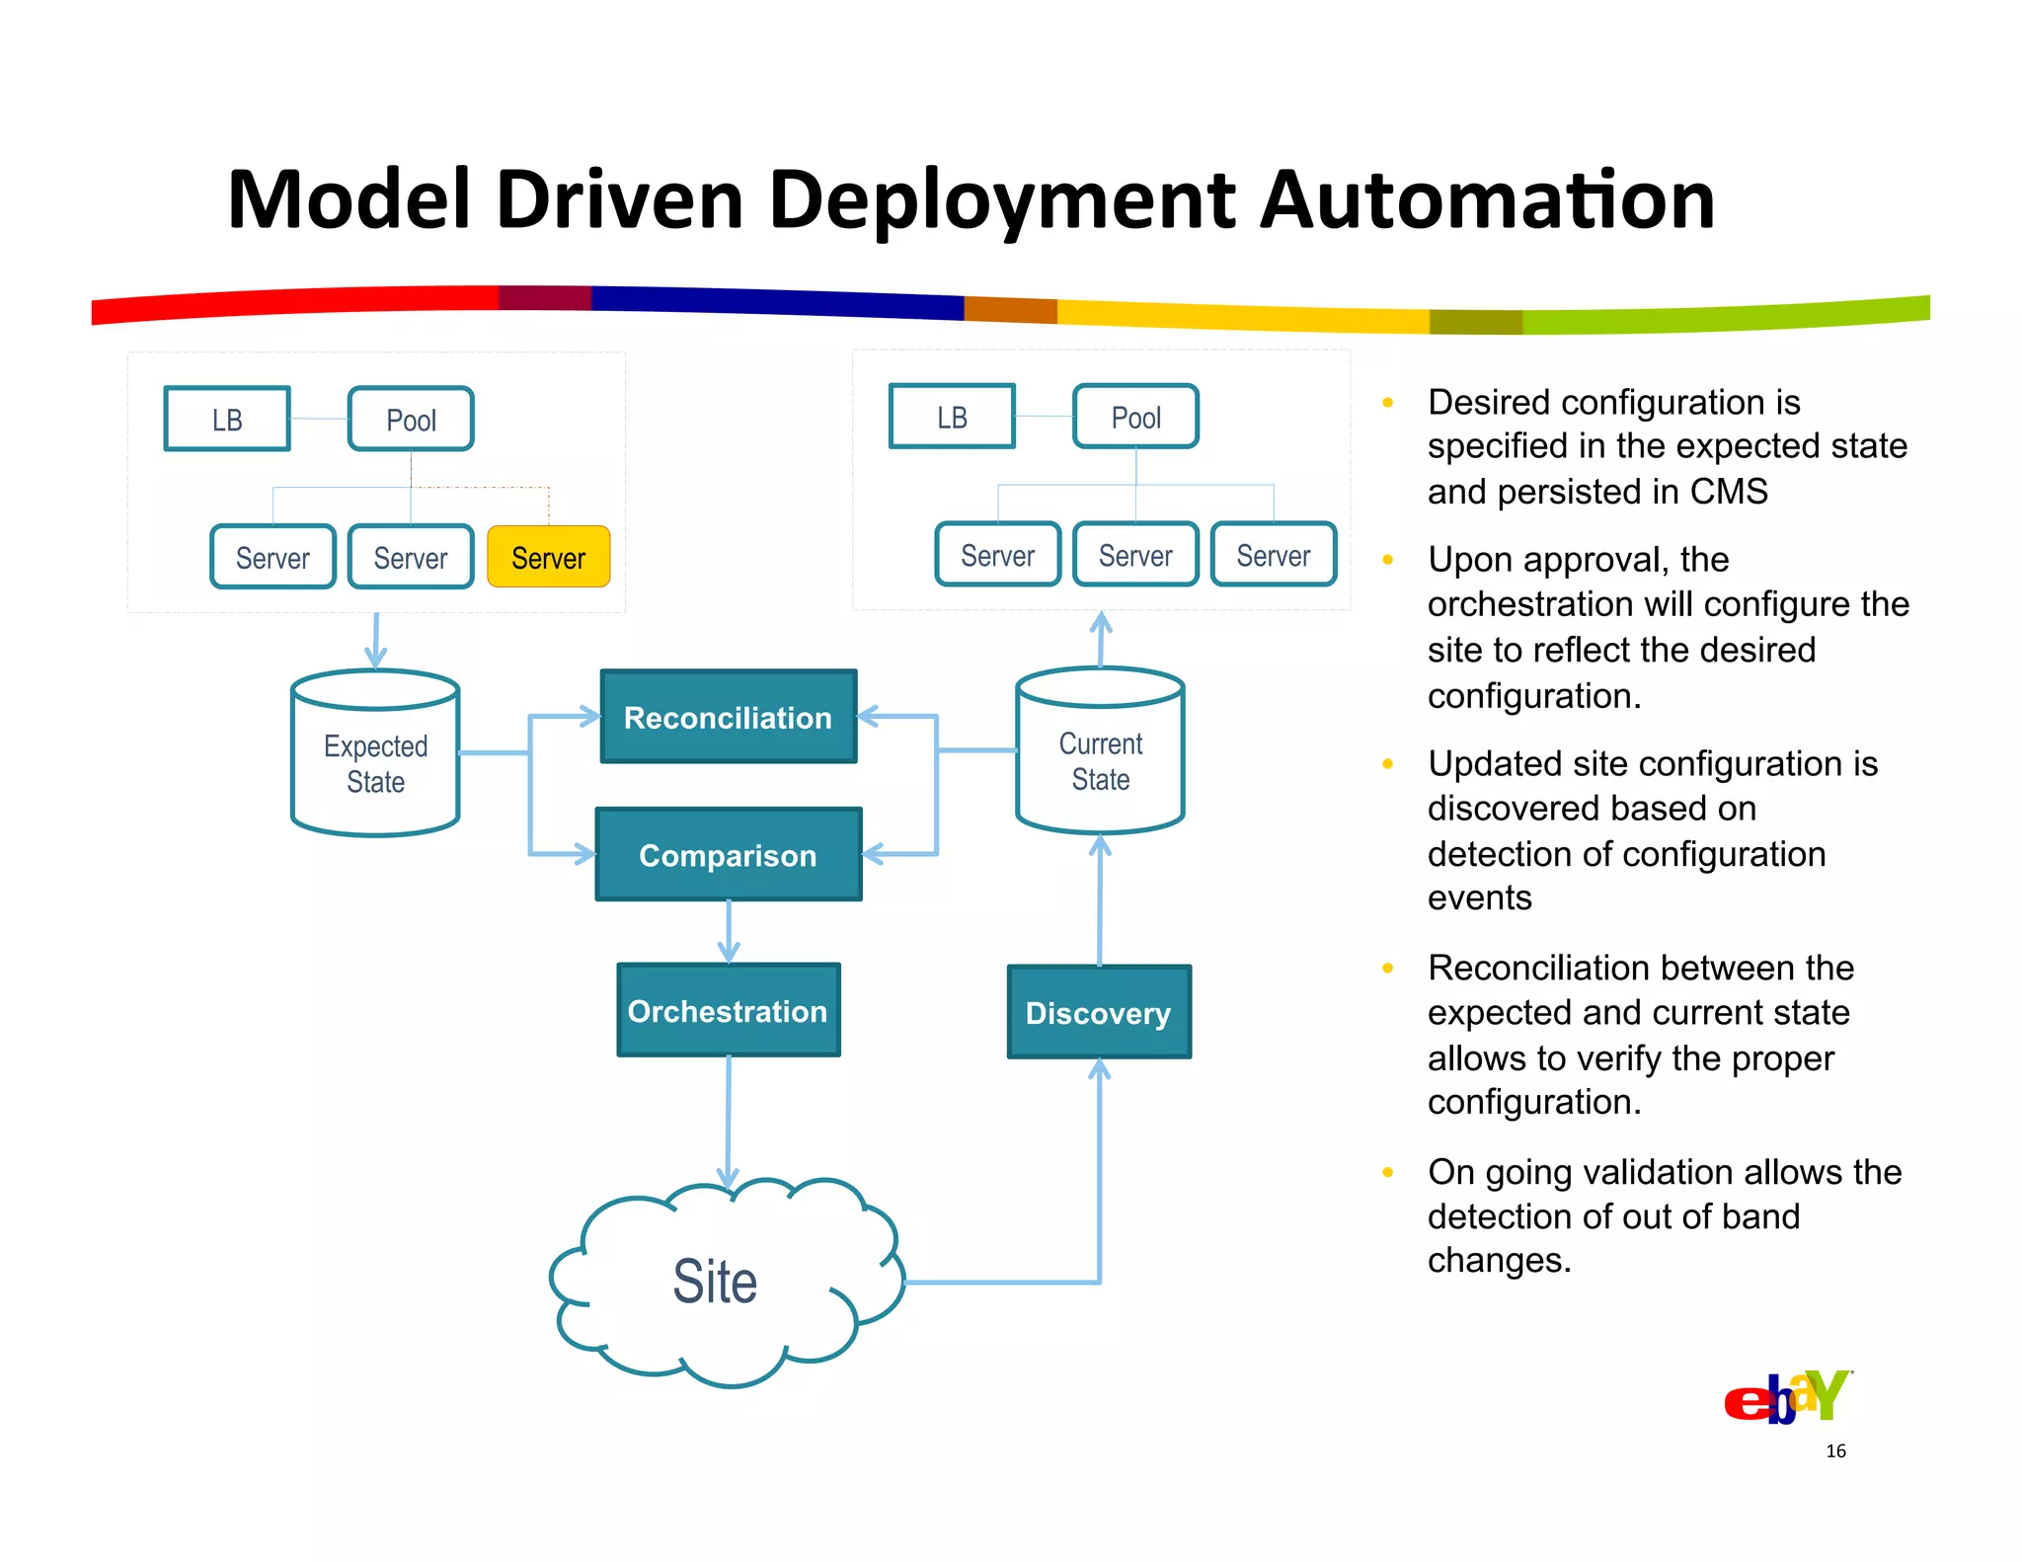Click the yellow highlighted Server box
click(549, 558)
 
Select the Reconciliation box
click(729, 718)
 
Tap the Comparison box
click(729, 855)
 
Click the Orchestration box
click(729, 1011)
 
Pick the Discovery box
click(1099, 1013)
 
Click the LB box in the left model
click(227, 420)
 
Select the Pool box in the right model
click(1135, 418)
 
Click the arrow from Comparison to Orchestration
click(729, 931)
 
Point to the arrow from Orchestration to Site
click(729, 1121)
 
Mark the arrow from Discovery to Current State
click(1100, 898)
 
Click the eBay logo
click(1787, 1398)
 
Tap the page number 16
click(1835, 1450)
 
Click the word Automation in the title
click(1488, 200)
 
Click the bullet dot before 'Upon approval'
click(1387, 560)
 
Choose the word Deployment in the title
click(1001, 200)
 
